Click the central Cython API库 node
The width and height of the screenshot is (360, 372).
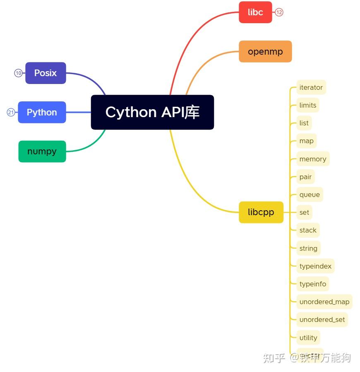[152, 112]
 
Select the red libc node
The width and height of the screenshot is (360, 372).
[255, 12]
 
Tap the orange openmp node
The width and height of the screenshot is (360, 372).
[265, 52]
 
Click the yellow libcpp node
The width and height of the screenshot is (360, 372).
[261, 212]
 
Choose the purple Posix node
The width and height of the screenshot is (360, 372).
[46, 73]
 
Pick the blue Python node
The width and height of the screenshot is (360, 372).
[42, 112]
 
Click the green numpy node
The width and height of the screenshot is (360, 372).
[42, 151]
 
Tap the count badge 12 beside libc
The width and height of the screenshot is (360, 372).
[279, 12]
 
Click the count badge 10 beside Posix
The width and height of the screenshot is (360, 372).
[19, 73]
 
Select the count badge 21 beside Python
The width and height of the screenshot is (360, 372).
[11, 112]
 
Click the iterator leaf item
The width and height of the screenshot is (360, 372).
[311, 87]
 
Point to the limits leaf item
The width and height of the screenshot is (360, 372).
[308, 105]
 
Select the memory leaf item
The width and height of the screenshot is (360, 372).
[313, 159]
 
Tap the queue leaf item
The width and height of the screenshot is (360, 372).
[310, 194]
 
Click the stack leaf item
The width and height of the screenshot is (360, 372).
[308, 230]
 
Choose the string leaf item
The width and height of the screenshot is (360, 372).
[308, 248]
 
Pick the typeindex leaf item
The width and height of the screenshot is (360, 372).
[315, 266]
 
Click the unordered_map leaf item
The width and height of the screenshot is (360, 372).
[324, 302]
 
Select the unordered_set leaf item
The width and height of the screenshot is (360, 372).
[322, 319]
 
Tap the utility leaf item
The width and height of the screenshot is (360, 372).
[308, 338]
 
